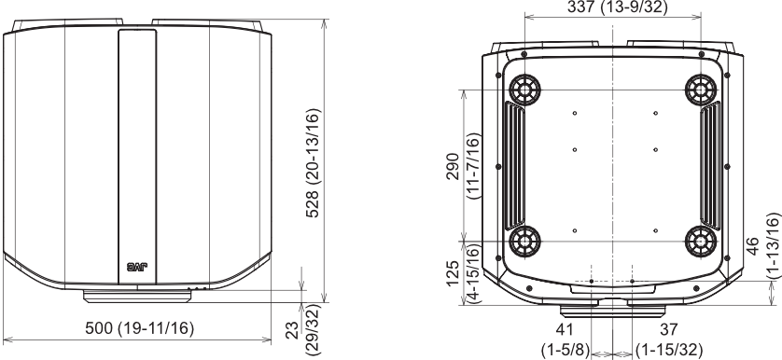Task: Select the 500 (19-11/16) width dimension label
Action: point(140,328)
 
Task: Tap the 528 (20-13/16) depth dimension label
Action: point(314,162)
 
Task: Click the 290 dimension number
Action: point(453,166)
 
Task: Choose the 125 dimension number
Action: point(453,273)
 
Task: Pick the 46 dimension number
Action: point(752,246)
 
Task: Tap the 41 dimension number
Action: point(565,329)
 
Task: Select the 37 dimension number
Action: point(669,329)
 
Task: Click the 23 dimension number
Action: point(293,330)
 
